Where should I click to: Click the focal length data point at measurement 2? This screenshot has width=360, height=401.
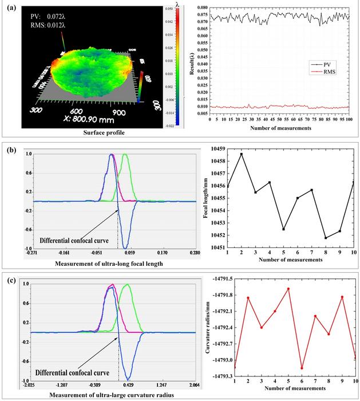[x=241, y=154]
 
